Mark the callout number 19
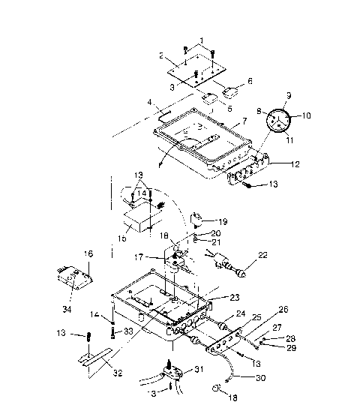coord(223,221)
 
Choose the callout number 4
coord(149,101)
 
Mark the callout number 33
coord(129,331)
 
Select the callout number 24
coord(240,314)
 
